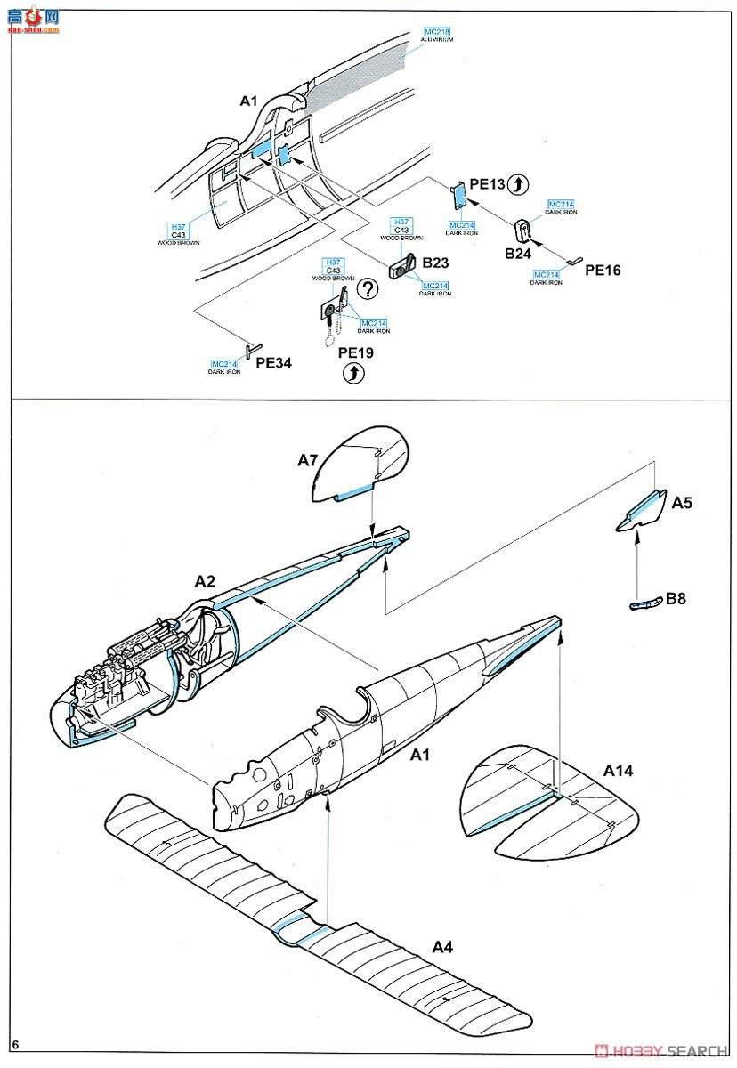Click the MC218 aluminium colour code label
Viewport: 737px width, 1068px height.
pos(437,33)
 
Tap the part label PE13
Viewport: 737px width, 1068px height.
pos(487,184)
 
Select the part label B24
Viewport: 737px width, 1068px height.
pos(518,254)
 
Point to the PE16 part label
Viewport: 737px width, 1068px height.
pos(603,270)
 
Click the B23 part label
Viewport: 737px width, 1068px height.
pos(437,263)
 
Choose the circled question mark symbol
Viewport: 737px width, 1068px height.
pos(366,288)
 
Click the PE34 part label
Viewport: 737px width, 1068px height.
pos(272,363)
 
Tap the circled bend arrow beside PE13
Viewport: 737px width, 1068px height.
pos(521,184)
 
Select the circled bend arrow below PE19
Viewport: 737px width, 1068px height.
pos(354,375)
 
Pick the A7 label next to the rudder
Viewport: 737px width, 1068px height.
pos(307,459)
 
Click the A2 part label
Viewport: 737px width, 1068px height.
pos(205,580)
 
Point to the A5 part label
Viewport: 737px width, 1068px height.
pos(682,503)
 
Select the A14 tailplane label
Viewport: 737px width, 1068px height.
pos(618,770)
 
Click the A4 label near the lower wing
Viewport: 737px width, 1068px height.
pos(442,947)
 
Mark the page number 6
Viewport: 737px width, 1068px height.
pos(15,1043)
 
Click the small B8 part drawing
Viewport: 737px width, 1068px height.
pos(644,603)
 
